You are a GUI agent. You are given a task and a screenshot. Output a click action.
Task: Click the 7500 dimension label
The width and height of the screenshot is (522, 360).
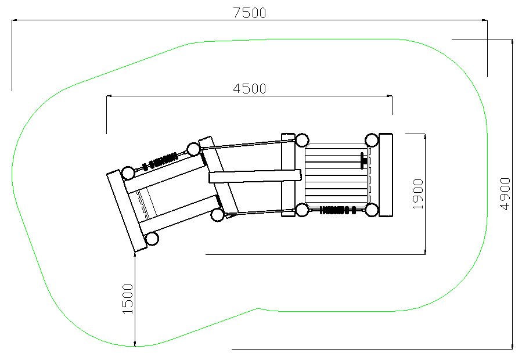click(249, 13)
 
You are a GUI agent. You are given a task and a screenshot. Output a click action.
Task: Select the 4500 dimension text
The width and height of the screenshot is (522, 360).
click(249, 89)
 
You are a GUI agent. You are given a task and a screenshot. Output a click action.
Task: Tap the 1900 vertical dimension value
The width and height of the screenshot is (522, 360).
click(418, 194)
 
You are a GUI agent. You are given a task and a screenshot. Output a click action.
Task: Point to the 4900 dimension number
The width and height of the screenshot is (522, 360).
click(505, 194)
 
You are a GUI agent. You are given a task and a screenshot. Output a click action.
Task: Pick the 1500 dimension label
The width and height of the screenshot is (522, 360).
click(128, 298)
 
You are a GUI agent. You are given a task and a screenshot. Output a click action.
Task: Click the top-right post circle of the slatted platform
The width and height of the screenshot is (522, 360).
click(371, 140)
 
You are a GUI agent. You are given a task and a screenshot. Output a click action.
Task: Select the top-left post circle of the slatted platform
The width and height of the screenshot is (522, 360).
click(302, 140)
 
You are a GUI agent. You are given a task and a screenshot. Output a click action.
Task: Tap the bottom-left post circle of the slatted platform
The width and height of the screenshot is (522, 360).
click(302, 210)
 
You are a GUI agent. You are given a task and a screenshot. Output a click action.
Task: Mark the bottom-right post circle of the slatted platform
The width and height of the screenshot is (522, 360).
click(371, 210)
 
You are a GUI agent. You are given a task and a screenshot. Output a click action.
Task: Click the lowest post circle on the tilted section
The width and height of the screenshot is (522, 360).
click(152, 239)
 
